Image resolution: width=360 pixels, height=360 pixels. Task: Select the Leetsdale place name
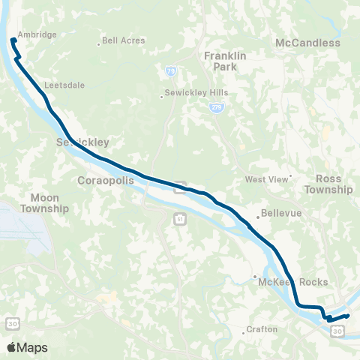coord(65,85)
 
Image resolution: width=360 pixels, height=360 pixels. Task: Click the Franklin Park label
coord(220,61)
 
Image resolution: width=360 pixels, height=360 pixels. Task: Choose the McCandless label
coord(307,43)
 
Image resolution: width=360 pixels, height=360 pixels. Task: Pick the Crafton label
coord(263,329)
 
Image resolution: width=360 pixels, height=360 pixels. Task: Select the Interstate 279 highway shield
coord(215,108)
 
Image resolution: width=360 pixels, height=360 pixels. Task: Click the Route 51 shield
coord(180,217)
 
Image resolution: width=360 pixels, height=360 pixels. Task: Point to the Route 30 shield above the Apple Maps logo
coord(13,322)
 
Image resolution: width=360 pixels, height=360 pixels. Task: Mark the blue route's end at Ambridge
coord(13,40)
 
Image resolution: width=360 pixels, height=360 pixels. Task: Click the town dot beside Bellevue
coord(257,217)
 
